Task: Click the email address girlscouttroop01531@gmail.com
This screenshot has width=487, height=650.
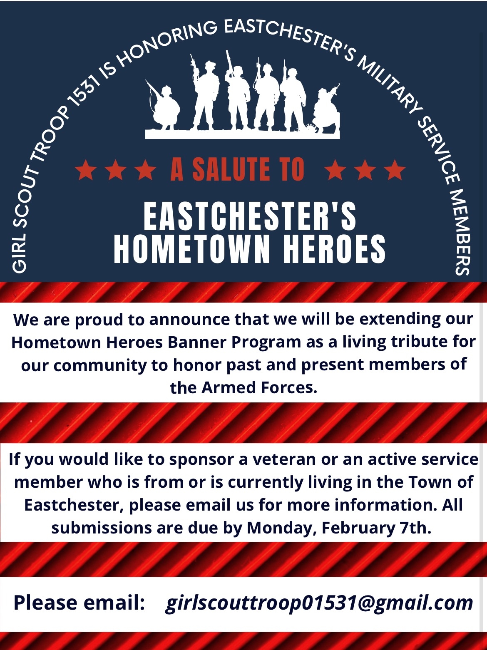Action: pyautogui.click(x=319, y=603)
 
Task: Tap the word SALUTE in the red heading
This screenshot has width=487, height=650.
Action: pyautogui.click(x=232, y=169)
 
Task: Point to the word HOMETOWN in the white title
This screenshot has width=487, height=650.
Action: pyautogui.click(x=192, y=249)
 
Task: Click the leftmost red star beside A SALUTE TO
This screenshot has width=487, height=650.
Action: pyautogui.click(x=86, y=170)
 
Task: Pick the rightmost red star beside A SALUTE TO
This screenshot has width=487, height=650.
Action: pyautogui.click(x=394, y=170)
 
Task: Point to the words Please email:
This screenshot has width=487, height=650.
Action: pyautogui.click(x=79, y=603)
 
